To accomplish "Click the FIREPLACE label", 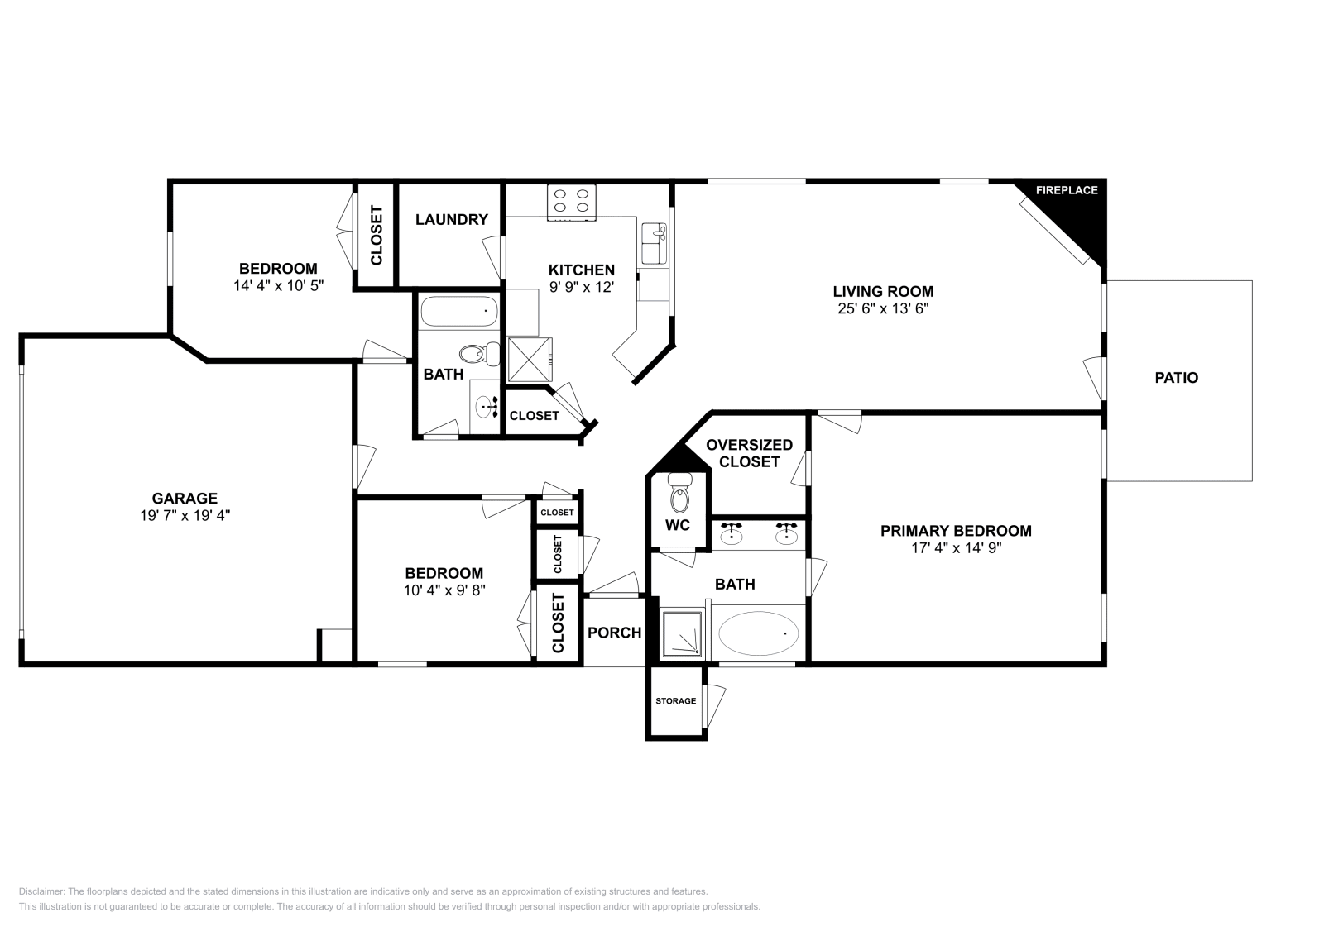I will (1067, 190).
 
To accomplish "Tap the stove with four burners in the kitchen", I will (572, 201).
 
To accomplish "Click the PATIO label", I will (1176, 378).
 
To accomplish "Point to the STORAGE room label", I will (675, 701).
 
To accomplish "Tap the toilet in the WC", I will (679, 496).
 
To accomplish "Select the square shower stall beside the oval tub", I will (683, 634).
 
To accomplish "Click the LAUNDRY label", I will (451, 220).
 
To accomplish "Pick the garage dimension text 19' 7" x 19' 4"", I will (185, 514).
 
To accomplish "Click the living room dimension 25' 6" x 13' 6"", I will (883, 308).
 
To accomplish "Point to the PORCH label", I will (614, 633).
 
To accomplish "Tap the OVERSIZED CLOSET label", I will (749, 453).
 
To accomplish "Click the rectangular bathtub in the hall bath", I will (459, 313).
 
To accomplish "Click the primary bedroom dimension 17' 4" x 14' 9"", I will (956, 547).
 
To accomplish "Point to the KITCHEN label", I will (581, 270).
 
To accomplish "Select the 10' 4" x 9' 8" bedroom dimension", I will (444, 590).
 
